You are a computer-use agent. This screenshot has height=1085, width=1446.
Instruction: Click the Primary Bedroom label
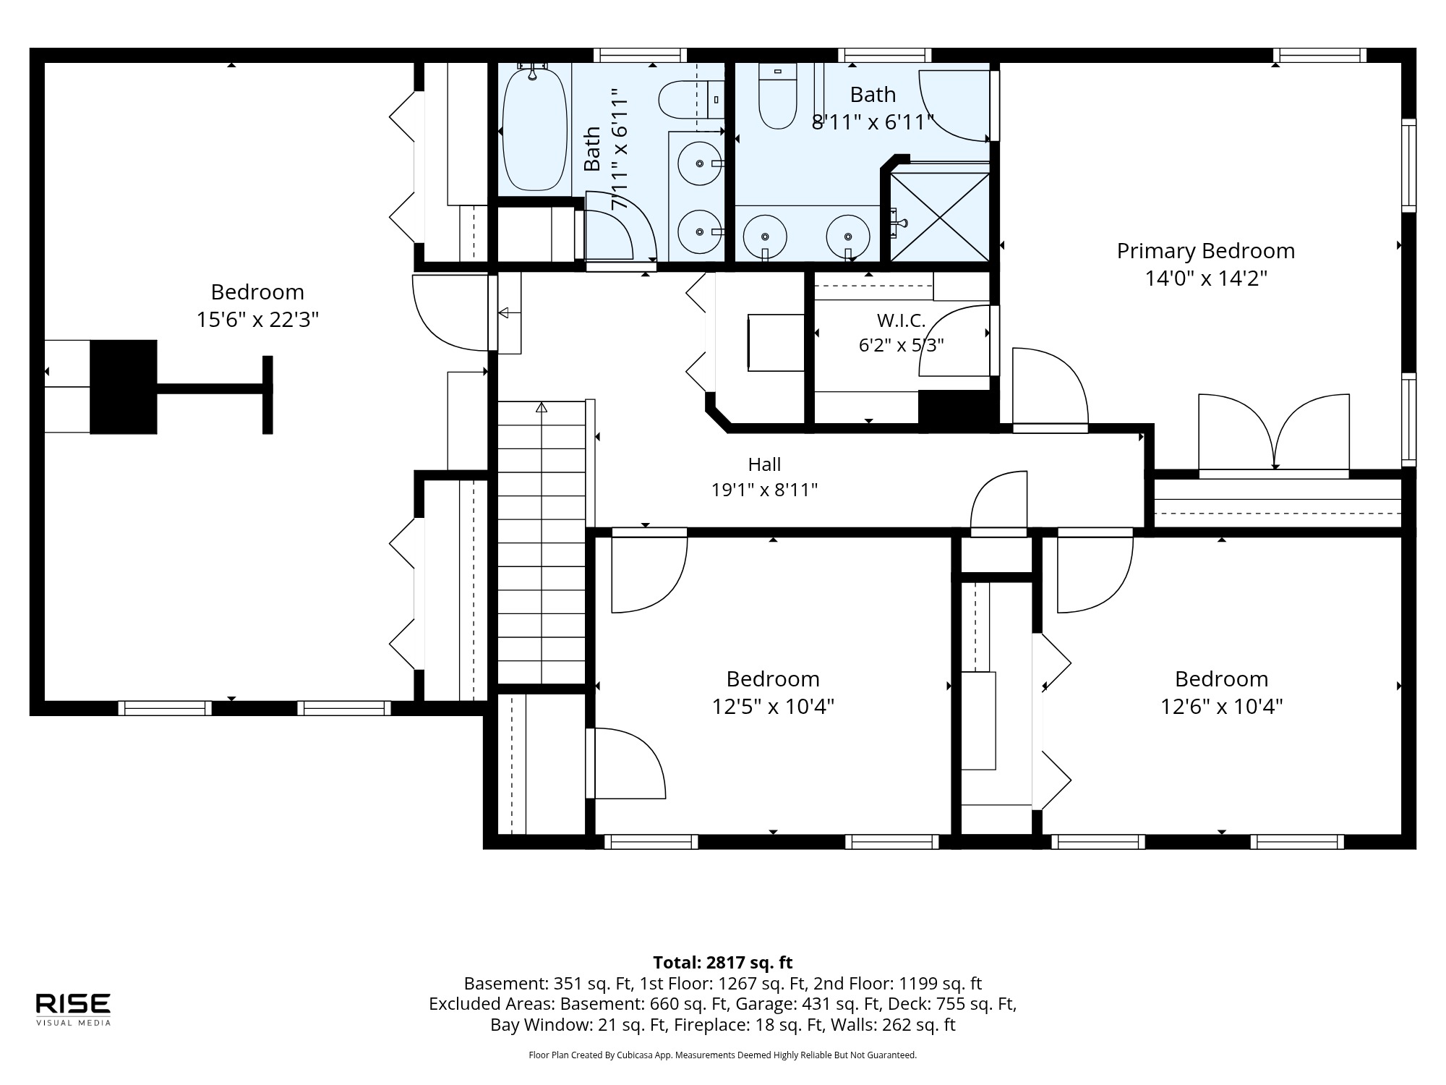(x=1205, y=251)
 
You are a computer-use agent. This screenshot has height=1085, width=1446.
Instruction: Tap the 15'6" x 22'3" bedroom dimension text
(x=257, y=320)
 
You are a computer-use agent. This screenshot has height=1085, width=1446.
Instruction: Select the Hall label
(x=764, y=464)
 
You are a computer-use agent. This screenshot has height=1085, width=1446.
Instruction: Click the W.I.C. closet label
(x=901, y=320)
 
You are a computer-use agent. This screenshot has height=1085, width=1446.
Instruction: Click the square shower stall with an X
(x=939, y=216)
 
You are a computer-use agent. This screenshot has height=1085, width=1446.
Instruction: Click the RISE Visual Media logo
(x=73, y=1009)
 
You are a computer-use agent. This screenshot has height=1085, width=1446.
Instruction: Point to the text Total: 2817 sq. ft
(x=723, y=963)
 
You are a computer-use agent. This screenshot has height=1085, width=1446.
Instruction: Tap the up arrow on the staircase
(x=542, y=407)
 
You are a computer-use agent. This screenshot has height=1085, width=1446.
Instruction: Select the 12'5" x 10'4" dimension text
(x=774, y=707)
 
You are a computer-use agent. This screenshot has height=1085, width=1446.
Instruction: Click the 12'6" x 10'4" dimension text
(x=1222, y=707)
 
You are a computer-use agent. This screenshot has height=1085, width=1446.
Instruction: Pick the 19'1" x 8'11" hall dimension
(x=764, y=490)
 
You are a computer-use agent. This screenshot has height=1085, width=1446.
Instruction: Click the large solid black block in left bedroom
(x=124, y=387)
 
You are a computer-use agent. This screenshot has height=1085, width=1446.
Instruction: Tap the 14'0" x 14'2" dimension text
(x=1206, y=278)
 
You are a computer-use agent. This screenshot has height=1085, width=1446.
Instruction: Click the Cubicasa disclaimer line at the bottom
(x=723, y=1055)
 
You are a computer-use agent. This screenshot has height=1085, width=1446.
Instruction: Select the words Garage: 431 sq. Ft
(x=799, y=1004)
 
